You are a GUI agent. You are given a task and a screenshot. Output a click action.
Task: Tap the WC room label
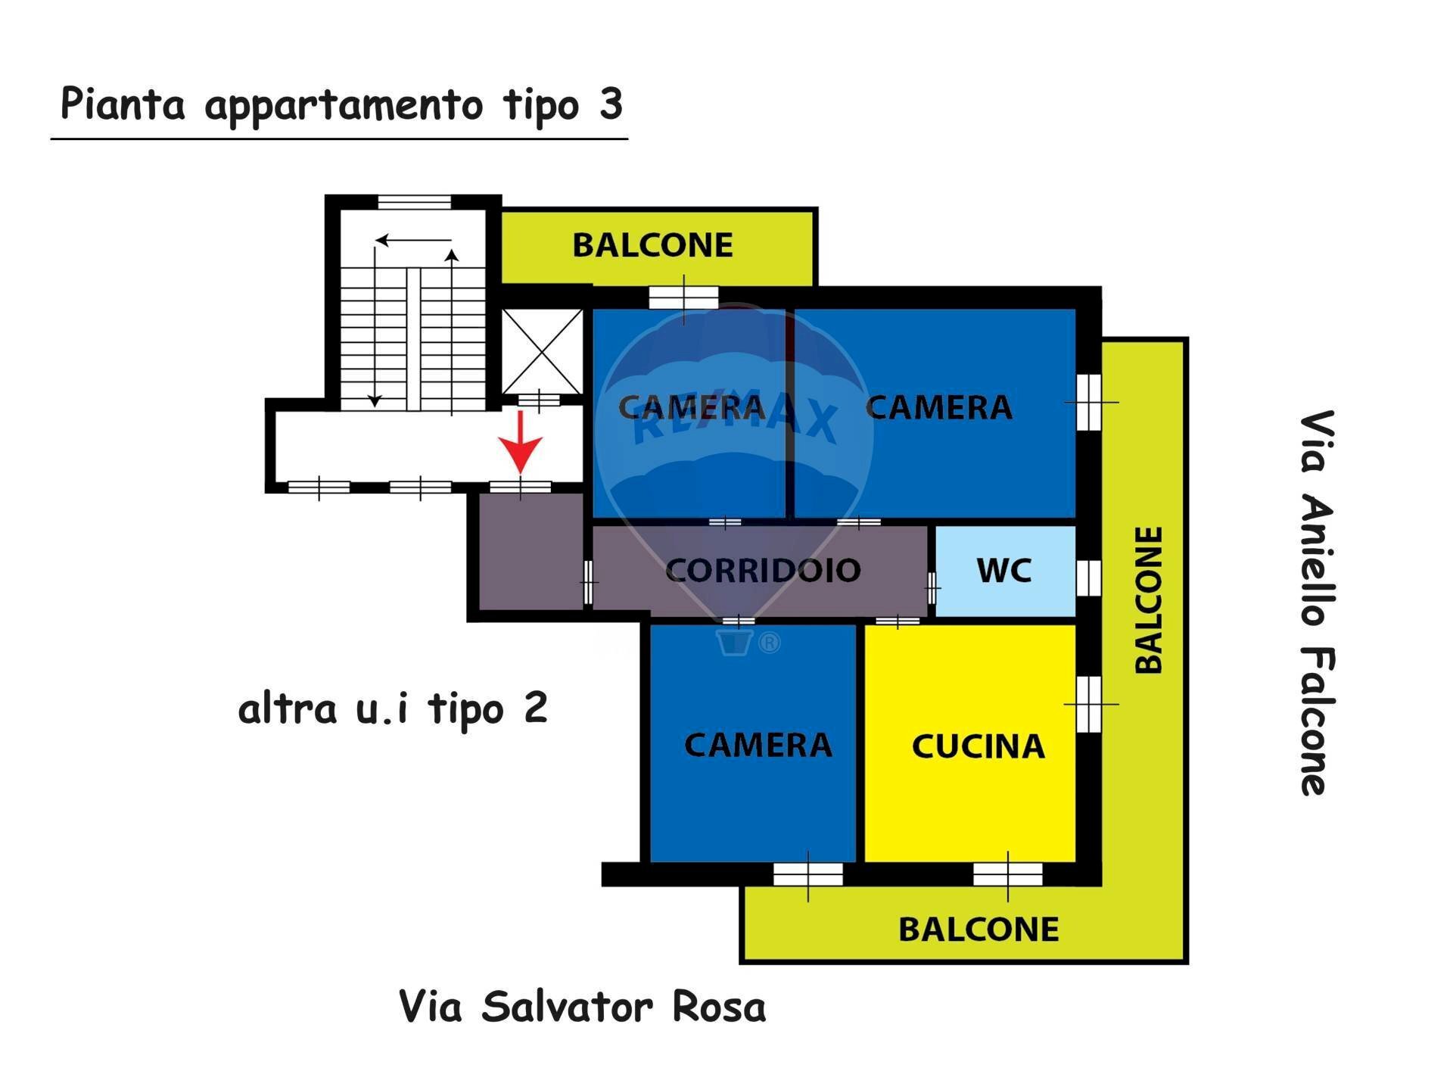pyautogui.click(x=1004, y=571)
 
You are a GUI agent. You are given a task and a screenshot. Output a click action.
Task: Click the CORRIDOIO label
pyautogui.click(x=763, y=571)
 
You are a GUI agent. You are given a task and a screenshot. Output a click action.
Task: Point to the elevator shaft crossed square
pyautogui.click(x=541, y=351)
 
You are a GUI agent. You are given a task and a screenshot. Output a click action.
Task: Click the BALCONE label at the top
pyautogui.click(x=652, y=245)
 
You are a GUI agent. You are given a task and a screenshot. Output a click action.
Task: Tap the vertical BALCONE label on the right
pyautogui.click(x=1149, y=599)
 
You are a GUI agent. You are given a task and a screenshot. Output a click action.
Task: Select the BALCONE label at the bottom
pyautogui.click(x=978, y=930)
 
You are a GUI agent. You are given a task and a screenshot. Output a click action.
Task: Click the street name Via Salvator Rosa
pyautogui.click(x=582, y=1007)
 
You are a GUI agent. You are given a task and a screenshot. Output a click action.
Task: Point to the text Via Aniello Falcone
pyautogui.click(x=1317, y=603)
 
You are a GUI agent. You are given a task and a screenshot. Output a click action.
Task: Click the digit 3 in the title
pyautogui.click(x=611, y=104)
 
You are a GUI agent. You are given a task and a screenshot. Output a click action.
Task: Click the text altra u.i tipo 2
pyautogui.click(x=392, y=709)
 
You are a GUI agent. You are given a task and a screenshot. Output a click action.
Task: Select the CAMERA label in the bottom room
pyautogui.click(x=758, y=746)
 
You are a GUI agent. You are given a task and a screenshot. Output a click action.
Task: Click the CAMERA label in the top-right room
pyautogui.click(x=938, y=408)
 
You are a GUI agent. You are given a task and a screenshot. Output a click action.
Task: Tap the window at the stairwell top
pyautogui.click(x=414, y=202)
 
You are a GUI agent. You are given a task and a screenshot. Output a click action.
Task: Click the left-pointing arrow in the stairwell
pyautogui.click(x=412, y=241)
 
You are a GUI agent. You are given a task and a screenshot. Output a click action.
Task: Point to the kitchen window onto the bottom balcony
pyautogui.click(x=1007, y=874)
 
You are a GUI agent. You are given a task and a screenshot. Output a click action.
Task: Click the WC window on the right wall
pyautogui.click(x=1088, y=578)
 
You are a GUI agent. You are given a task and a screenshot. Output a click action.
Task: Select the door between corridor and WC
pyautogui.click(x=932, y=587)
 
